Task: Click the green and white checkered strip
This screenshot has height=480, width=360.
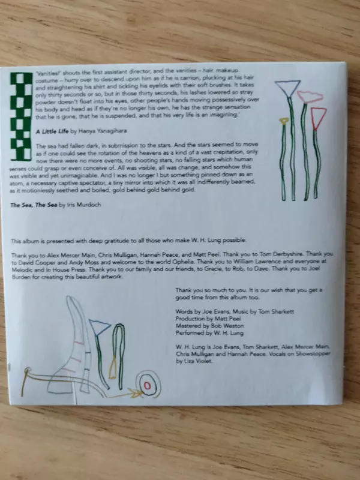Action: click(x=21, y=116)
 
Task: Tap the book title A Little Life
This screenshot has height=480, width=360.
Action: click(x=52, y=131)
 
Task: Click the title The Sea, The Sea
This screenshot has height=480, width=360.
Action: click(x=34, y=205)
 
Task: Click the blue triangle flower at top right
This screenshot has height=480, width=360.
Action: click(x=288, y=88)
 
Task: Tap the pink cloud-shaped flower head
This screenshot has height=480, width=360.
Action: click(x=310, y=97)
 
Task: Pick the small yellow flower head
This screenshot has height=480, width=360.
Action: click(x=284, y=121)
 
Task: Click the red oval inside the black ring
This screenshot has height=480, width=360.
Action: click(x=148, y=385)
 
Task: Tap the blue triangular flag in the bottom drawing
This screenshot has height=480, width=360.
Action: click(x=99, y=327)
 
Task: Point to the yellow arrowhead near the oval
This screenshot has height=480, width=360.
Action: click(x=135, y=393)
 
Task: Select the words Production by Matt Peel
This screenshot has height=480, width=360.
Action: click(x=208, y=319)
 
